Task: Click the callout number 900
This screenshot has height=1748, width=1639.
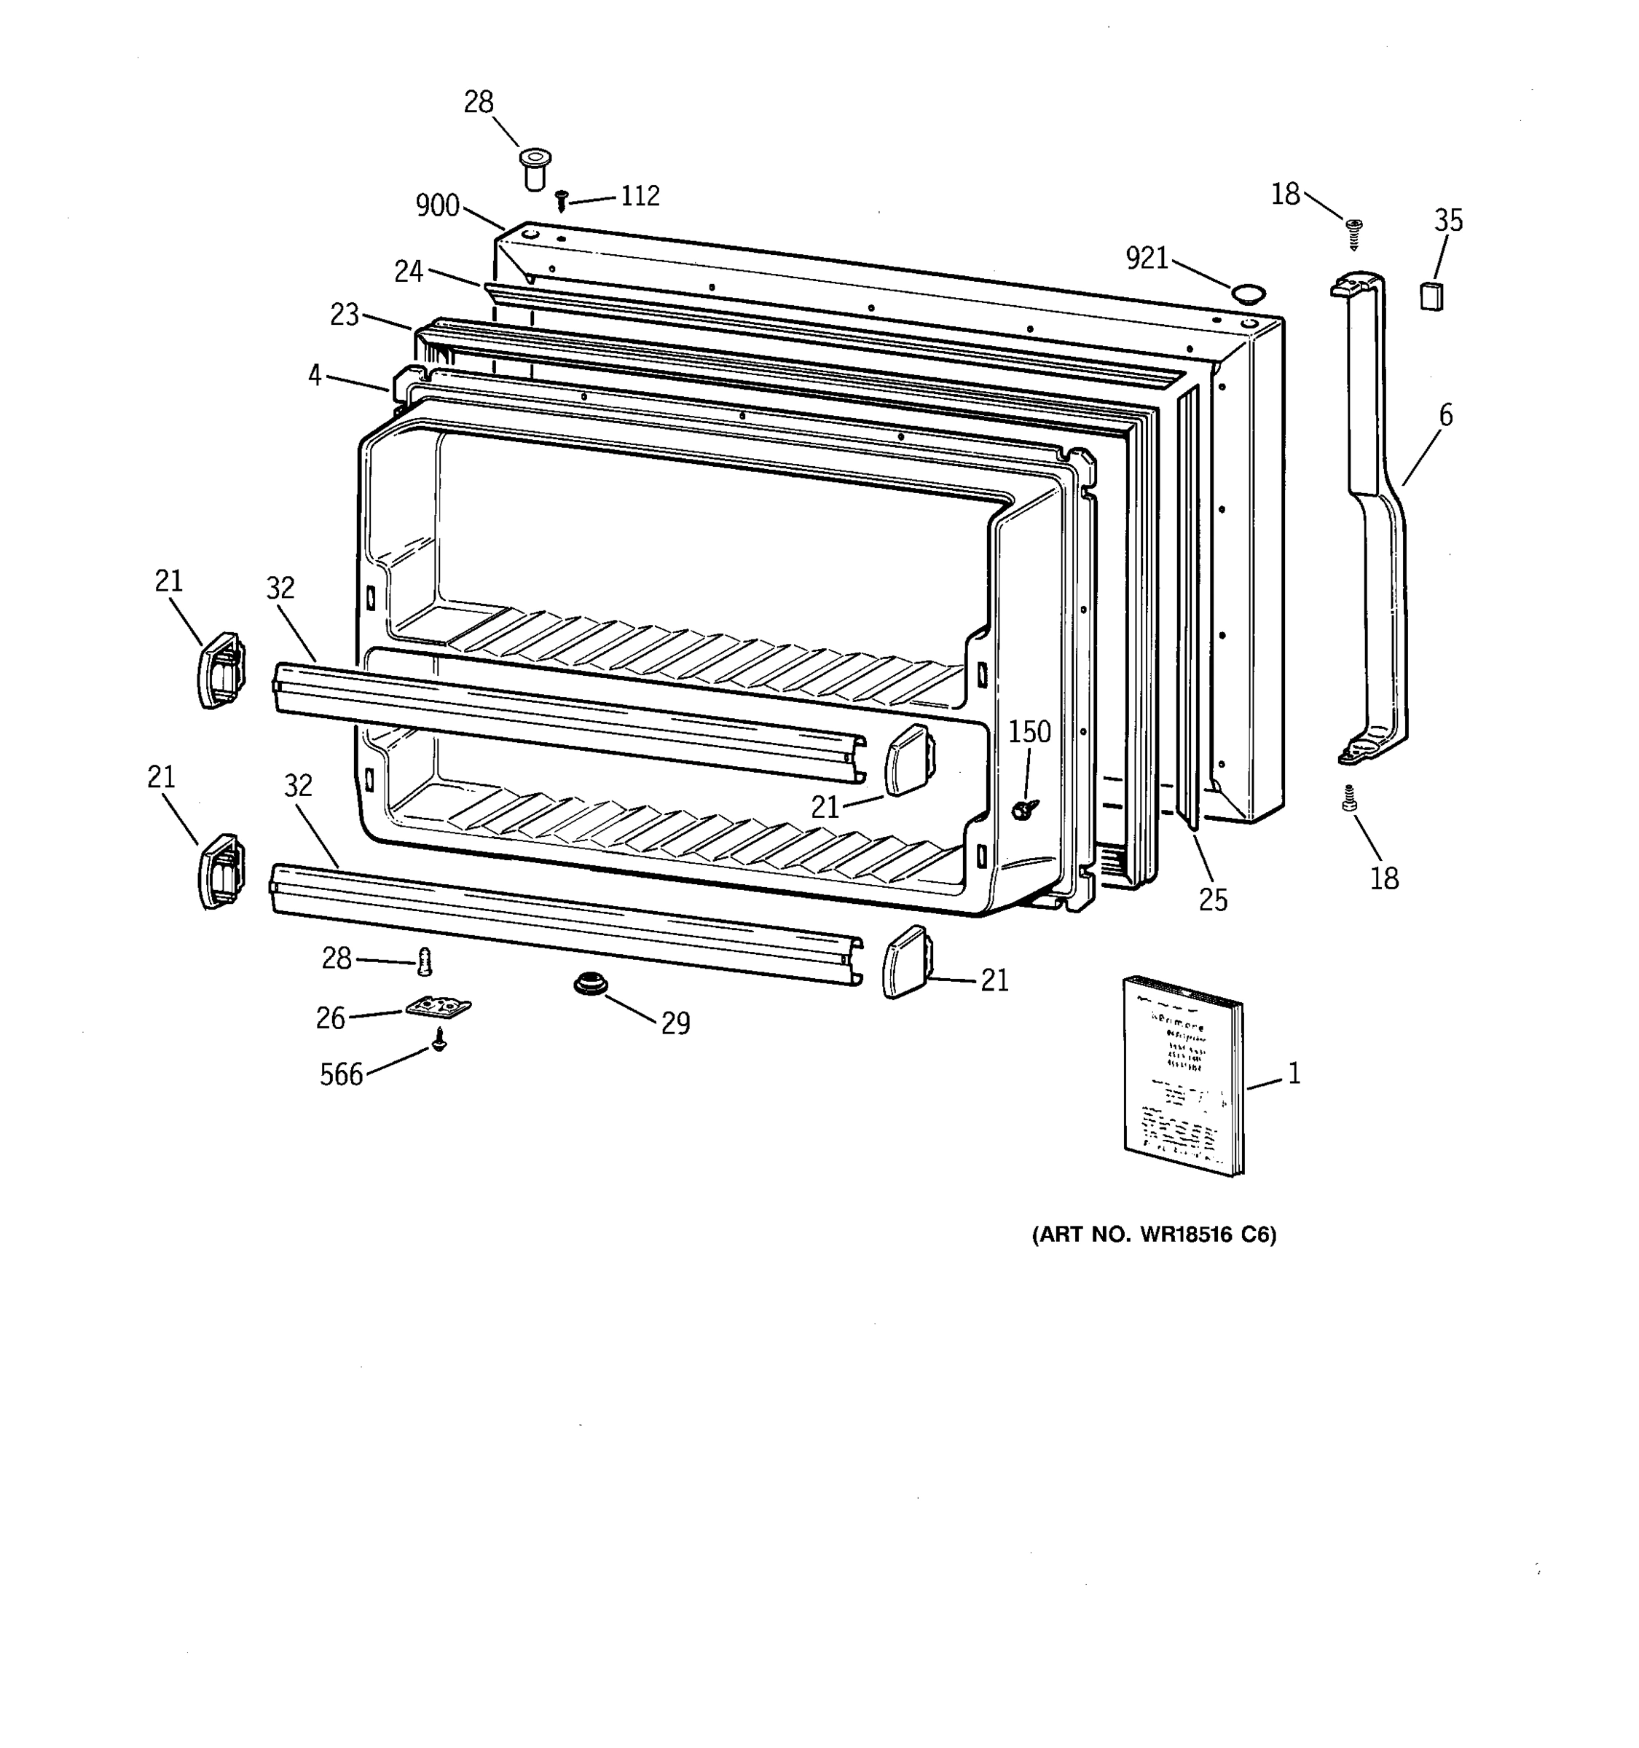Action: [437, 205]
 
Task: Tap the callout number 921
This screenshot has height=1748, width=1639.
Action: [1147, 259]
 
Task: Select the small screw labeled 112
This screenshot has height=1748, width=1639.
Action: [561, 200]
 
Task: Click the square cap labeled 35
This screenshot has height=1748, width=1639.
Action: [1431, 296]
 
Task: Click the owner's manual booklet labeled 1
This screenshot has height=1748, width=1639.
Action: [1184, 1074]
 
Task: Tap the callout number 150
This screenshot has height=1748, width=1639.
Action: [1029, 731]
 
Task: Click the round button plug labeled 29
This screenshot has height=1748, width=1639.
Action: [590, 983]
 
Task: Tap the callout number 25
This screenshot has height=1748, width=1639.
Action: [1213, 899]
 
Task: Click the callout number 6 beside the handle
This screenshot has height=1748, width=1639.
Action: [1445, 415]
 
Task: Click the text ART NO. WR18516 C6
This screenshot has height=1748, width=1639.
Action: [1154, 1235]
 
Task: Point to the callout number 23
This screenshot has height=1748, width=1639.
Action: [345, 314]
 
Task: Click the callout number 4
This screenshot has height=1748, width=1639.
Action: [315, 375]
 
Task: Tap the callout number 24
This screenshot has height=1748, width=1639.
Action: [409, 271]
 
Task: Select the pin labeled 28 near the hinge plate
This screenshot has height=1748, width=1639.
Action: [425, 961]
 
